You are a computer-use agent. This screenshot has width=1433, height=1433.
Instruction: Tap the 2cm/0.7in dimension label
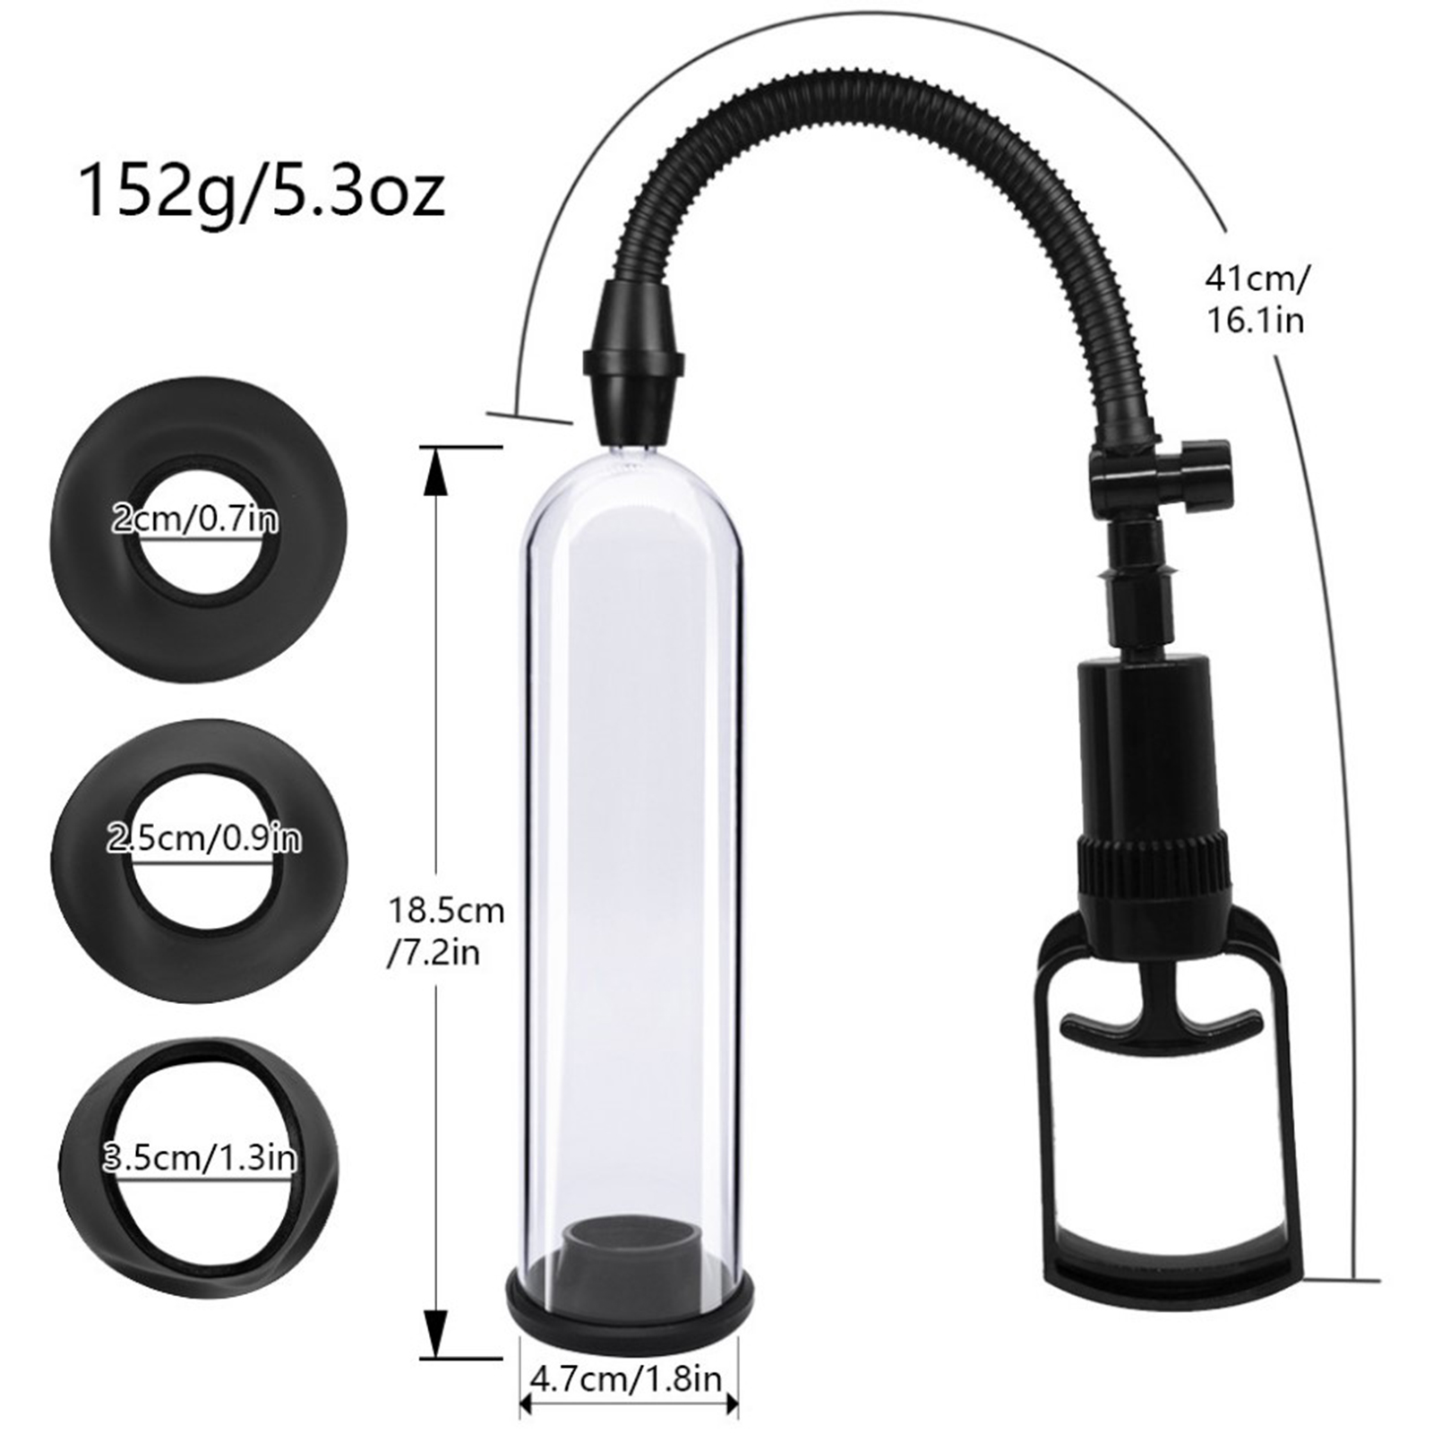point(194,519)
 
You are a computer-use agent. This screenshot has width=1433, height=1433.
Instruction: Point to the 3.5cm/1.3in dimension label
point(199,1158)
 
